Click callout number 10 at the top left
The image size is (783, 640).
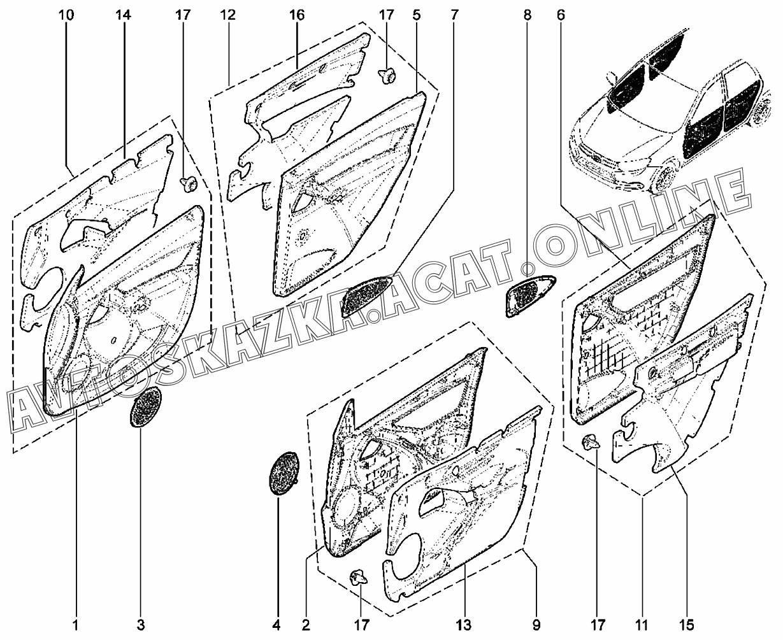(66, 14)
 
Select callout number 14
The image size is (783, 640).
(123, 14)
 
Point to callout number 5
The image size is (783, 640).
(416, 14)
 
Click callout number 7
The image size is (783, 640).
(454, 14)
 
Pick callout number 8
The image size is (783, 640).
(527, 14)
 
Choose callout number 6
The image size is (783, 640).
(560, 14)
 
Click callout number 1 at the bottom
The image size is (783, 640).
(75, 625)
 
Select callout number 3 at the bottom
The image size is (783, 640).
(141, 625)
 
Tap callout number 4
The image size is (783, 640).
(277, 625)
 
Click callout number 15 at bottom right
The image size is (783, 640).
(687, 625)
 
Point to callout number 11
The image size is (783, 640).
(643, 625)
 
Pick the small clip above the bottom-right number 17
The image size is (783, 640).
(591, 441)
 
